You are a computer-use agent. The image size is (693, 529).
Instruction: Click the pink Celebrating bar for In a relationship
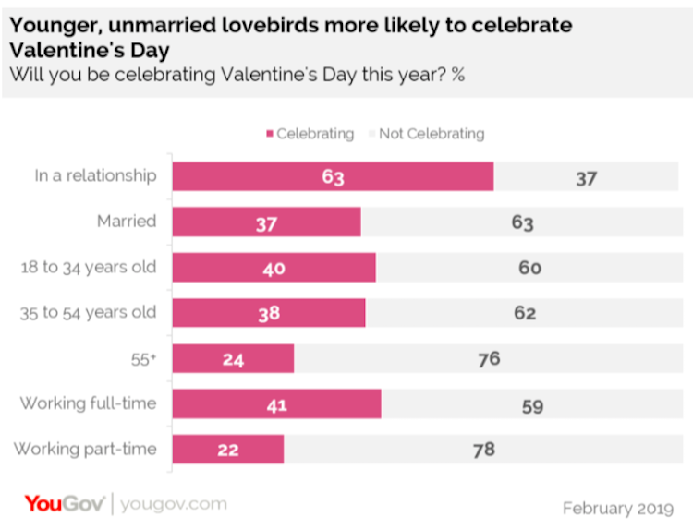tap(333, 176)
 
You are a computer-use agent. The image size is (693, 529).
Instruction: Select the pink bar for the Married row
tap(266, 222)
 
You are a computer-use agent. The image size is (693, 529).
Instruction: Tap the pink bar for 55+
tap(233, 359)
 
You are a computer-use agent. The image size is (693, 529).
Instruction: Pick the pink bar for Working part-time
tap(227, 450)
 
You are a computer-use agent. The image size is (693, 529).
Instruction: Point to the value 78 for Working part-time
tap(483, 450)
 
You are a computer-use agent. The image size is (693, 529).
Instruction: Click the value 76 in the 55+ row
tap(488, 359)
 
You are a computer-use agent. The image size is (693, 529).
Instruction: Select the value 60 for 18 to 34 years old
tap(529, 269)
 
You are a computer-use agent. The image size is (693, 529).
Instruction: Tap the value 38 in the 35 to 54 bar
tap(268, 314)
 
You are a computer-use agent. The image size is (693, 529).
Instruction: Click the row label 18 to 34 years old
tap(89, 268)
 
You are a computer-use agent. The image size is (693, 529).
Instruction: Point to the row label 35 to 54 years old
tap(89, 313)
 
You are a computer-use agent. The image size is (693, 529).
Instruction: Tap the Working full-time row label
tap(89, 403)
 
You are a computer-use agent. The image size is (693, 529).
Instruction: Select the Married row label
tap(127, 222)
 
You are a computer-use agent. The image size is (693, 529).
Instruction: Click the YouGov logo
tap(64, 504)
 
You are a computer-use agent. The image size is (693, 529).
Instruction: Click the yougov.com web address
tap(173, 505)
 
